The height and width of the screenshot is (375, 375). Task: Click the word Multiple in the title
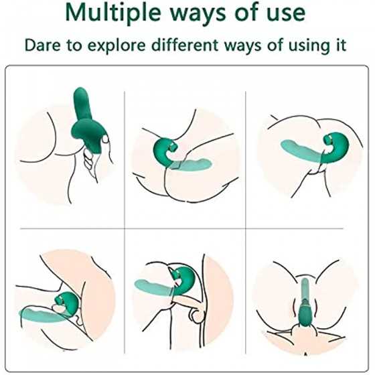tap(113, 13)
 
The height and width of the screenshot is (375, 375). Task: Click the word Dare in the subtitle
tap(43, 46)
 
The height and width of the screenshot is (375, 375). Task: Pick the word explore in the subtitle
tap(117, 46)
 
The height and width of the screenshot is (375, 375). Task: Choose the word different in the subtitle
tap(185, 45)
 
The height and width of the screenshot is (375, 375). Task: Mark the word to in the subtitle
tap(74, 46)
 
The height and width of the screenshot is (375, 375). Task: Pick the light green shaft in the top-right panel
tap(301, 151)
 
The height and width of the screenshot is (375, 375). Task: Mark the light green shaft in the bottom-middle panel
tap(154, 287)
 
